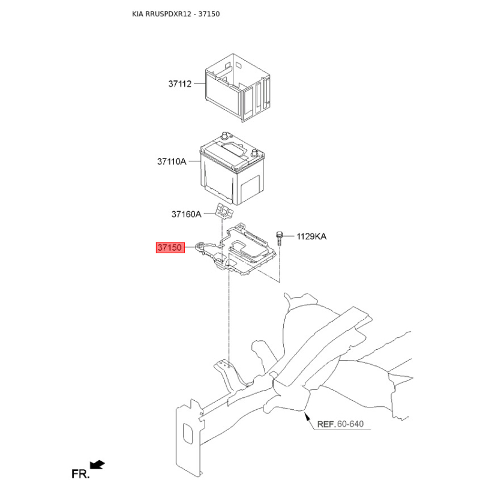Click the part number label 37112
tap(179, 83)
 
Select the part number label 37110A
tap(172, 161)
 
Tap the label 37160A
tap(186, 214)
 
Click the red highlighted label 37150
tap(170, 247)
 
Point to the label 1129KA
tap(311, 236)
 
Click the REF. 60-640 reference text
tap(340, 424)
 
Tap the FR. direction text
tap(80, 473)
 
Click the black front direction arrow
tap(98, 464)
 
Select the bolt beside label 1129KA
tap(280, 238)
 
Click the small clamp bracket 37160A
tap(224, 211)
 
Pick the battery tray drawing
tap(236, 250)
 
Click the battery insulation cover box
tap(238, 88)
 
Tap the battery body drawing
tap(232, 169)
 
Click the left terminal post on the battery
tap(224, 136)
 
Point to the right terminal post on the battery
tap(254, 152)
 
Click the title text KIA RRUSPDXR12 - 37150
tap(176, 14)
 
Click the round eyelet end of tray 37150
tap(200, 245)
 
